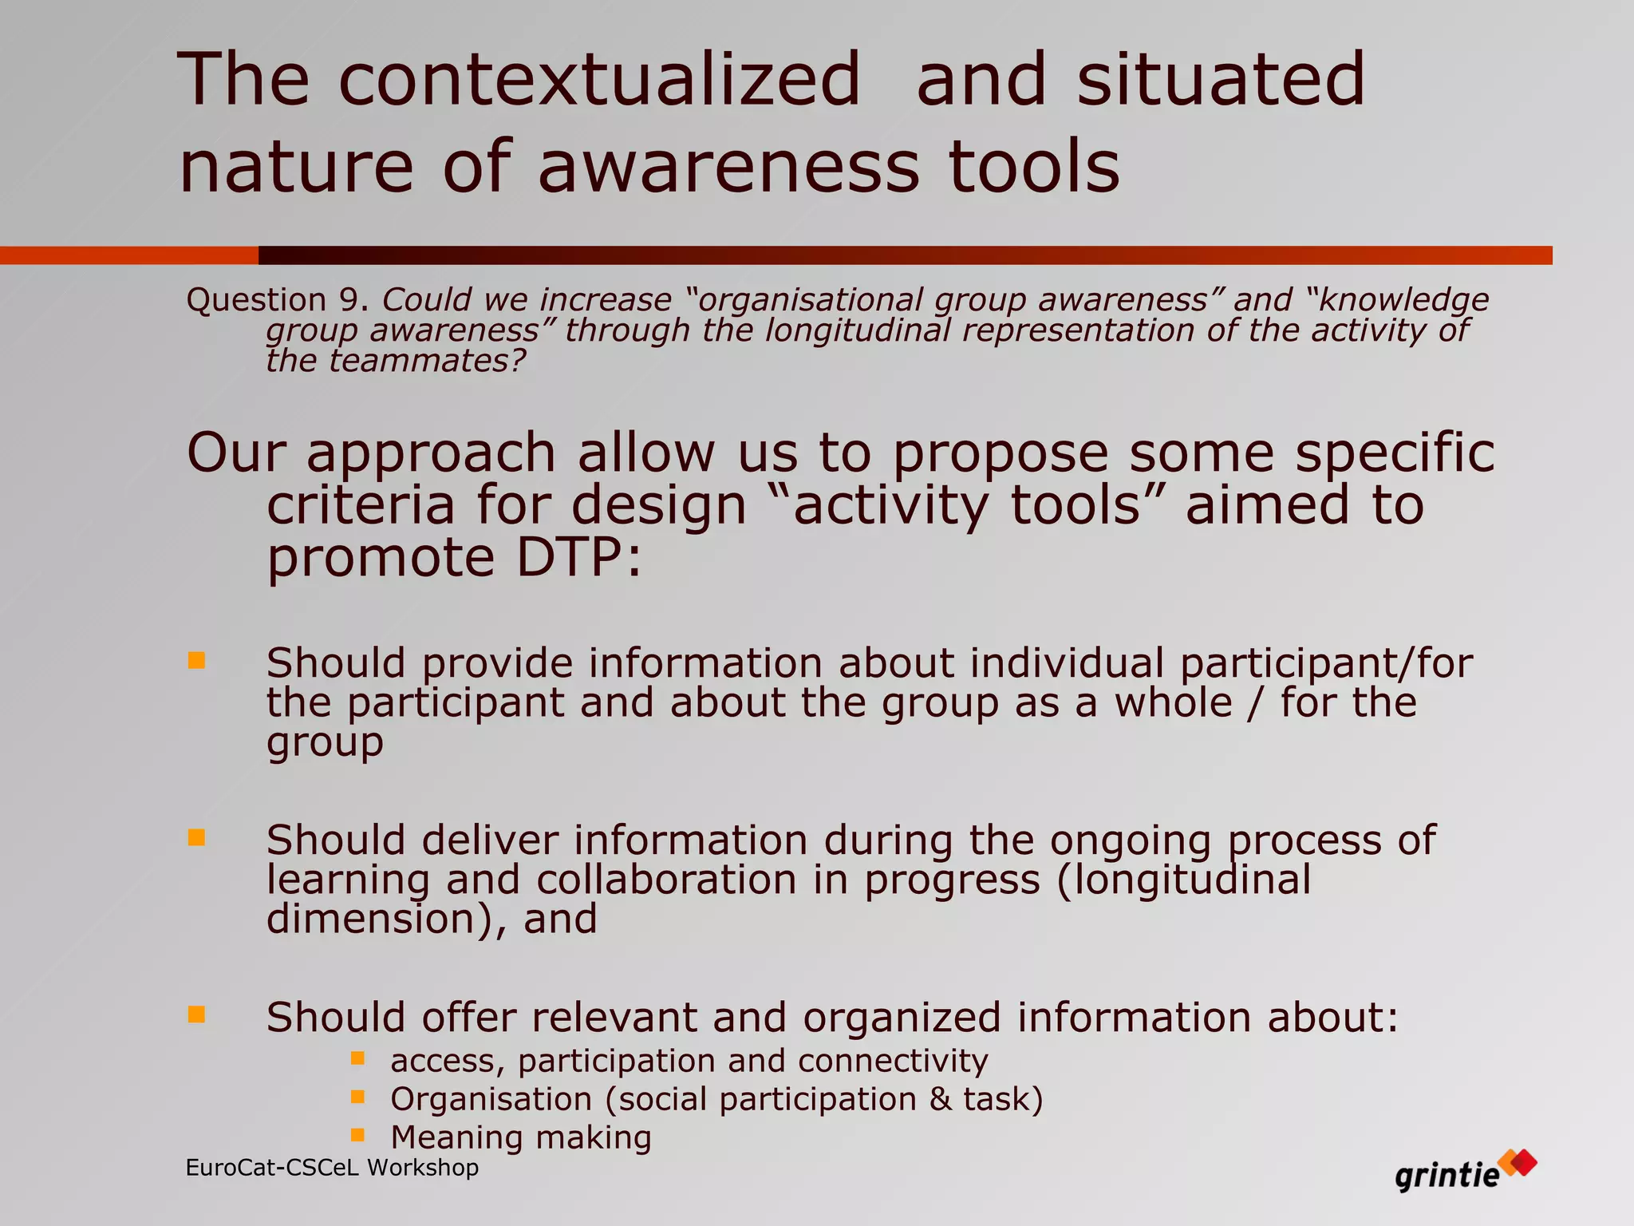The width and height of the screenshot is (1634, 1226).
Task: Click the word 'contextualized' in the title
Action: (x=599, y=80)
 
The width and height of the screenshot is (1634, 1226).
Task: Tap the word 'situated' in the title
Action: (x=1221, y=80)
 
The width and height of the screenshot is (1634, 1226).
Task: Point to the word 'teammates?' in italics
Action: (x=427, y=361)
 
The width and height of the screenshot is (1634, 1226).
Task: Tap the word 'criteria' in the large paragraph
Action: (x=361, y=506)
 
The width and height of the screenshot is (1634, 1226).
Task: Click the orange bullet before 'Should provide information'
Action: (x=196, y=660)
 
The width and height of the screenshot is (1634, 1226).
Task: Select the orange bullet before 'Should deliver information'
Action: (x=196, y=837)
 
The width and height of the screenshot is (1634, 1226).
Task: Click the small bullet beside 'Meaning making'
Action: (x=357, y=1135)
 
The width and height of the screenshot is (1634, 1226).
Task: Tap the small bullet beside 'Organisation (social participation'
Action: (x=357, y=1097)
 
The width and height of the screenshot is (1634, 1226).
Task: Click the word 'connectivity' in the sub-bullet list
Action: (x=893, y=1062)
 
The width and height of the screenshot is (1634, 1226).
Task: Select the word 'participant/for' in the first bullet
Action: (x=1325, y=664)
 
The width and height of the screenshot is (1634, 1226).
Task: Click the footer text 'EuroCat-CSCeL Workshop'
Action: (x=332, y=1168)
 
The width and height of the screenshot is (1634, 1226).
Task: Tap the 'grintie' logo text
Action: (x=1447, y=1176)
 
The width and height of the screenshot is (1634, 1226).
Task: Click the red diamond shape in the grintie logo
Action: (x=1523, y=1161)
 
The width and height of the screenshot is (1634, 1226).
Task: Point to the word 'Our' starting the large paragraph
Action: (x=235, y=453)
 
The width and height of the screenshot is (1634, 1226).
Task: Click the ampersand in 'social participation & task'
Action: (x=940, y=1100)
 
